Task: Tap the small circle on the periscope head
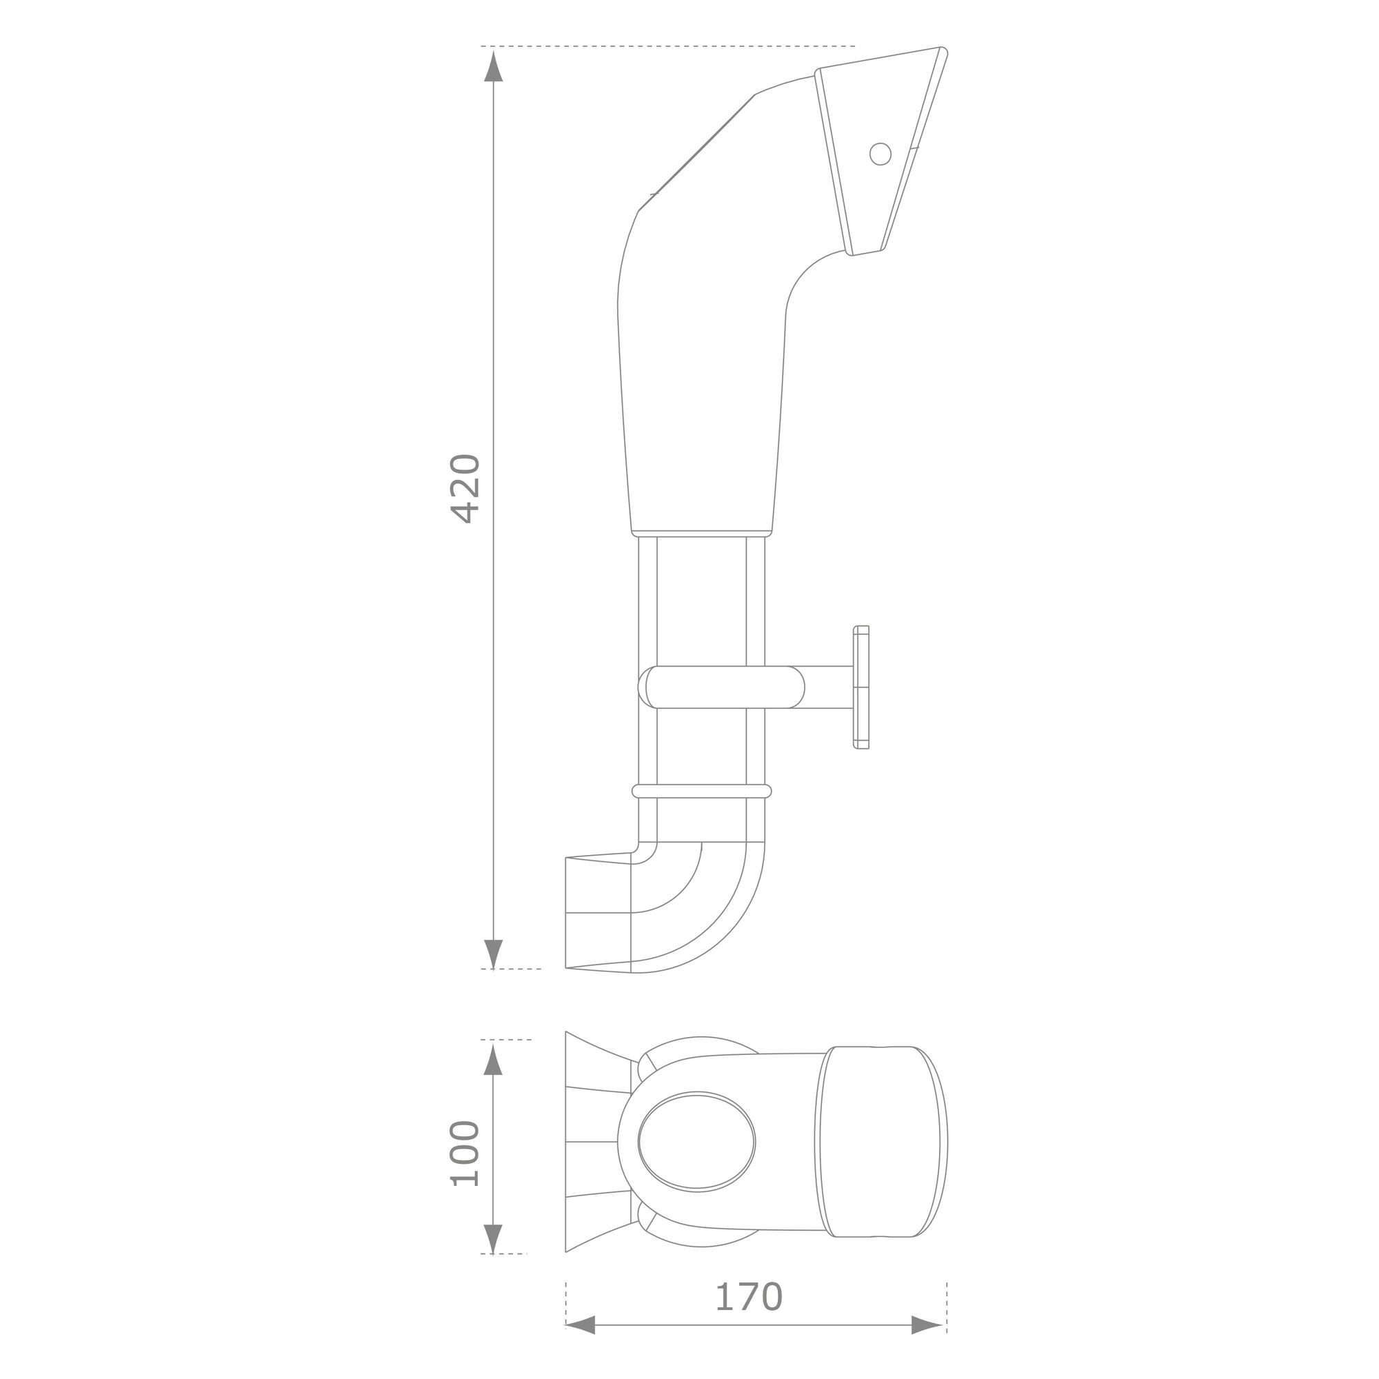point(880,154)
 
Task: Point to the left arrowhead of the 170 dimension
point(581,1345)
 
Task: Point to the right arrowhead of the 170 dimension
point(929,1345)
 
